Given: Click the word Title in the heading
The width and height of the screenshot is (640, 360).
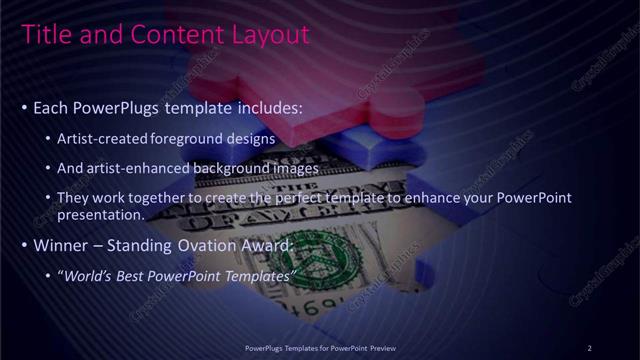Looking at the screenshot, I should click(43, 35).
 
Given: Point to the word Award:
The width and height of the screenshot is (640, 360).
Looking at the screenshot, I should click(269, 244).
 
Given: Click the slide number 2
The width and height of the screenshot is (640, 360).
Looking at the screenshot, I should click(589, 347).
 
